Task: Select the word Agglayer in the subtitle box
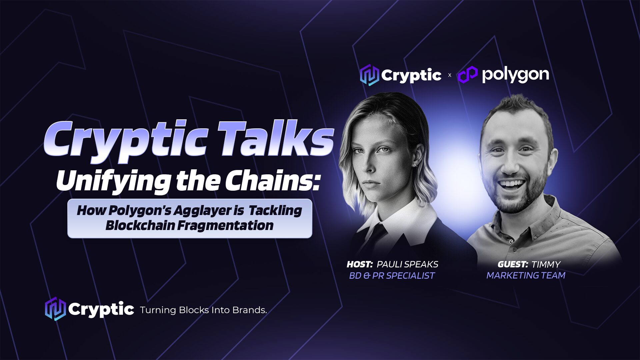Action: [x=202, y=211]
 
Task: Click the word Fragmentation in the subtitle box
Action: [x=225, y=225]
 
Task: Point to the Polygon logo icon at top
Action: [x=467, y=75]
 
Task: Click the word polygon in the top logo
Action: [x=515, y=75]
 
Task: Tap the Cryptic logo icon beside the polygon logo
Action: [x=369, y=75]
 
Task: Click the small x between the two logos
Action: [x=450, y=75]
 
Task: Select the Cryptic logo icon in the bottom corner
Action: [x=55, y=309]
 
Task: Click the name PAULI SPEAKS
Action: [x=407, y=264]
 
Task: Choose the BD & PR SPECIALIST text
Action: [x=392, y=276]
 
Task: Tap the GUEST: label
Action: [x=513, y=264]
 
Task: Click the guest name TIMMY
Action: [x=546, y=264]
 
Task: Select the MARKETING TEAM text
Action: [x=526, y=275]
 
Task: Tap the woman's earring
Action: [x=415, y=165]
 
